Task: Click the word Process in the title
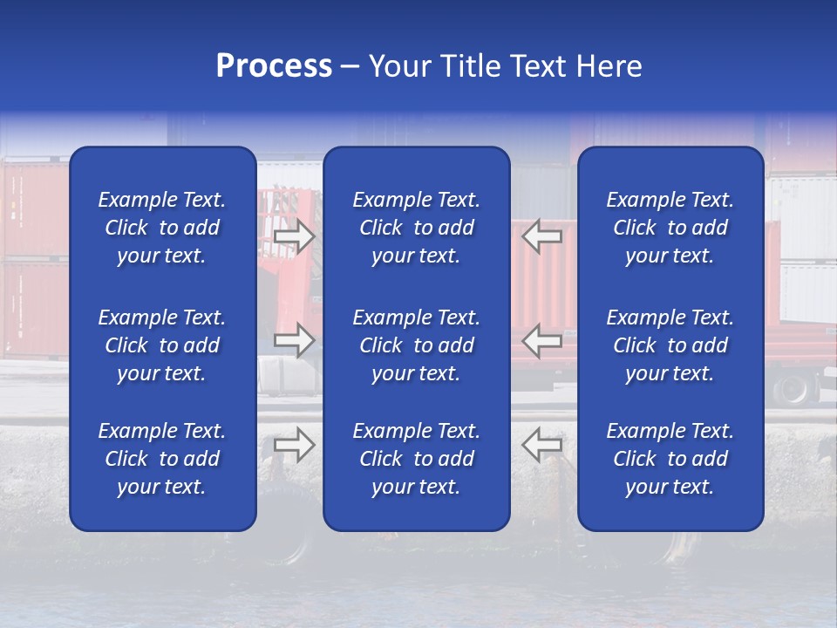click(x=274, y=66)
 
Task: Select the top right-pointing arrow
click(x=294, y=236)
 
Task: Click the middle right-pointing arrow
click(x=294, y=340)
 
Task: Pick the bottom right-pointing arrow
click(x=294, y=445)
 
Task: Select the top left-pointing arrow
click(x=542, y=236)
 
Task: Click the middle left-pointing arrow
click(x=542, y=340)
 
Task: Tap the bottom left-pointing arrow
click(x=542, y=445)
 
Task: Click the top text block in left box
click(x=162, y=228)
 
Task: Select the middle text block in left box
click(x=162, y=345)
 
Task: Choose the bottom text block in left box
click(x=162, y=459)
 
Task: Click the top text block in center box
click(x=416, y=228)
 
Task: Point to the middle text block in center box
click(x=416, y=345)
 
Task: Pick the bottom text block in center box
click(x=416, y=459)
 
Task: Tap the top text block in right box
click(x=670, y=228)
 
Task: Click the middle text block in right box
click(x=670, y=345)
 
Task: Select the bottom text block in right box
click(x=670, y=459)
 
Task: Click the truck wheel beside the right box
click(x=794, y=389)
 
